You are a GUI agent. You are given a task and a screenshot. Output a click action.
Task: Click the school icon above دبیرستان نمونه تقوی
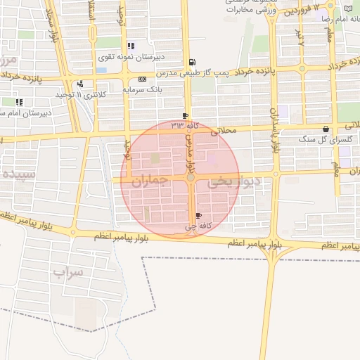[131, 46]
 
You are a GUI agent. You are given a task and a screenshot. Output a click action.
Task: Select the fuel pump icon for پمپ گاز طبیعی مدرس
[193, 63]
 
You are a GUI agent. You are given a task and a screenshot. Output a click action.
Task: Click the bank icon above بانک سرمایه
[143, 79]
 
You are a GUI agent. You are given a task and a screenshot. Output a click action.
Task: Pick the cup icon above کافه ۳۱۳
[185, 116]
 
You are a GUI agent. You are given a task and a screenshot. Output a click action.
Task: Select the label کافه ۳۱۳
[186, 125]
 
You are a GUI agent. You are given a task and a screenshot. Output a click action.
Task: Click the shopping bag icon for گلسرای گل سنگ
[326, 129]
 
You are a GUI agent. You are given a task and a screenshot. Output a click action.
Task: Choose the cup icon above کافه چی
[198, 215]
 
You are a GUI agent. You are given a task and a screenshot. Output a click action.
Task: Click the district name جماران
[150, 181]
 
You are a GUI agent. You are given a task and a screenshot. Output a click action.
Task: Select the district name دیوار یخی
[236, 181]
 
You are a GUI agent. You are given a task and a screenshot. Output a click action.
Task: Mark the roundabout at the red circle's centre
[191, 178]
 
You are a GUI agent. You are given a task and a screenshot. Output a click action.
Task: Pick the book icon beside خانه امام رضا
[349, 8]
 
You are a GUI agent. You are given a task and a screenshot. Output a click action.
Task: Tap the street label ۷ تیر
[300, 39]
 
